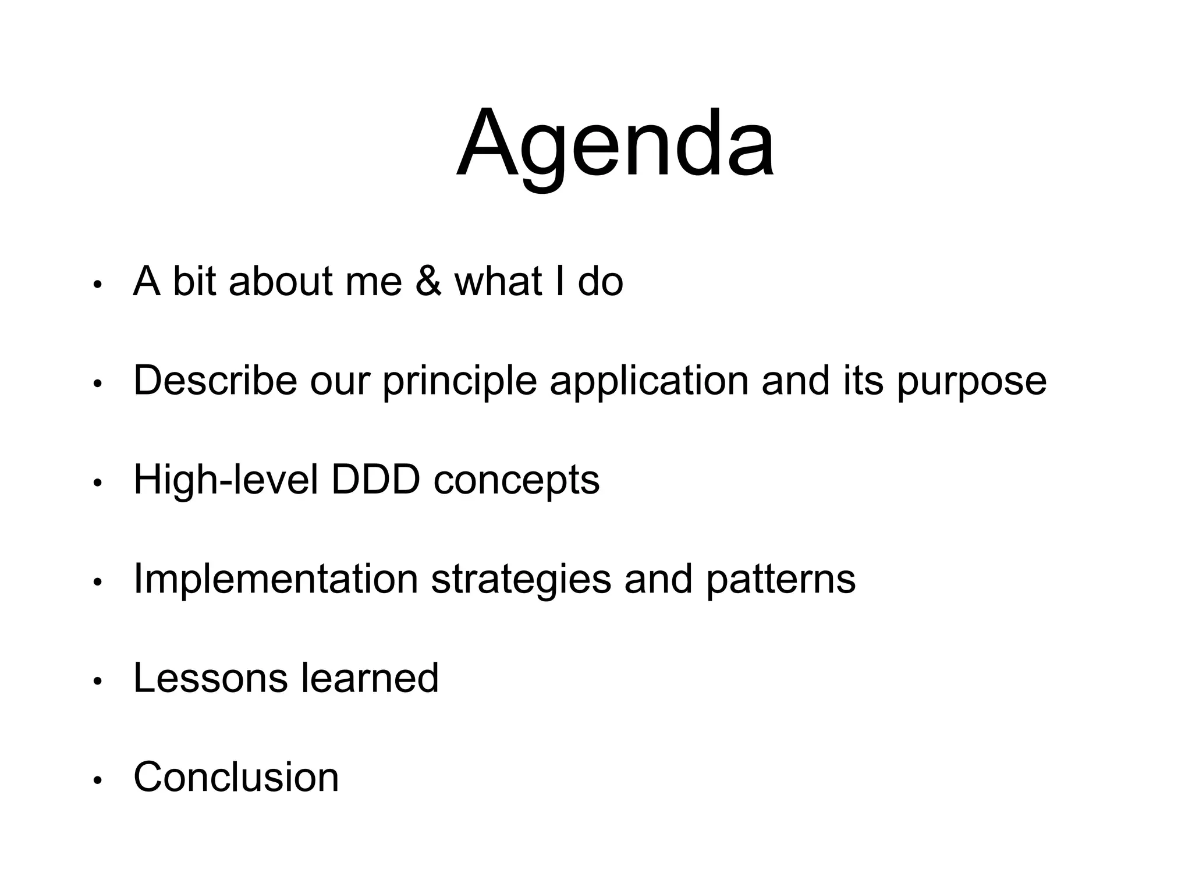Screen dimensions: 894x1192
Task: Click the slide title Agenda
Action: pos(615,144)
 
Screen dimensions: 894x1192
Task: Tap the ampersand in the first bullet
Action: pos(428,282)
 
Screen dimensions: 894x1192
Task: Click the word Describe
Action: pos(215,381)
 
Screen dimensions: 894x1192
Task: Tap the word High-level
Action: pos(226,480)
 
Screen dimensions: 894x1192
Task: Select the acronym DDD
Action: pos(375,480)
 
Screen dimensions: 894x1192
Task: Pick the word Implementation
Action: pos(275,580)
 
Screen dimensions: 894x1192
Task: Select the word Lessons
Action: pos(210,678)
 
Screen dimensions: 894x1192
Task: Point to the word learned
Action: pos(369,678)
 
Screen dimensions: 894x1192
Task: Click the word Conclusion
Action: pos(236,778)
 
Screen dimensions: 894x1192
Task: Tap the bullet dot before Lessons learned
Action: pos(98,682)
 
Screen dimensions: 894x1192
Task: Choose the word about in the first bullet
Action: pos(280,282)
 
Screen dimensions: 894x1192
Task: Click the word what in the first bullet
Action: pos(498,282)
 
